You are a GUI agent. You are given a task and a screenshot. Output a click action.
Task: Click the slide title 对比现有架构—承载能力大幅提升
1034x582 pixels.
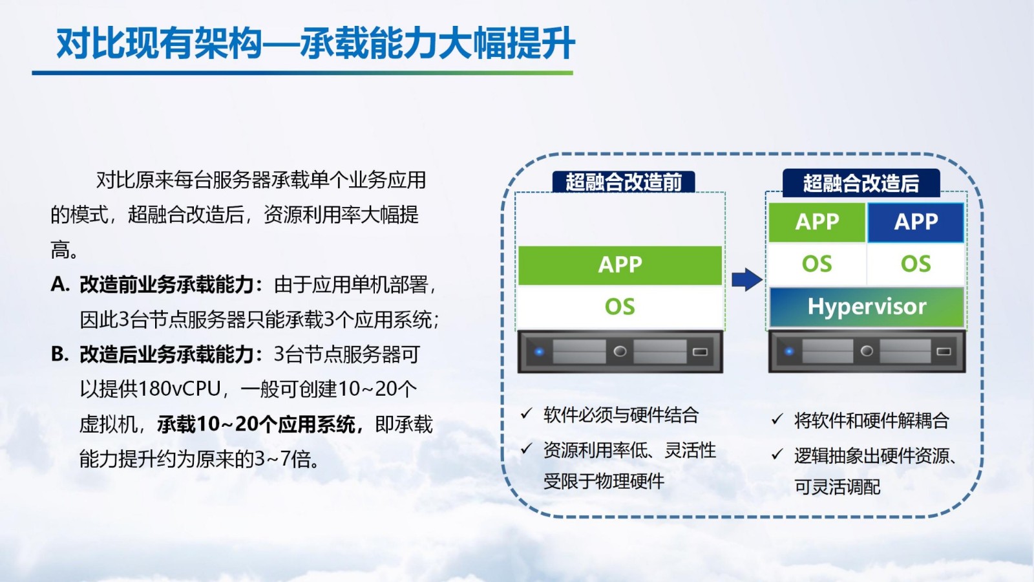coord(315,43)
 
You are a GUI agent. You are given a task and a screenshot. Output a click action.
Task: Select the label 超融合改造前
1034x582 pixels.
coord(624,182)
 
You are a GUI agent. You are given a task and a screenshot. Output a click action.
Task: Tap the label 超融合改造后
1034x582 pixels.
coord(861,183)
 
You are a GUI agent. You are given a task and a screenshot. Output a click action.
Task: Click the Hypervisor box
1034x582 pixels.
coord(867,307)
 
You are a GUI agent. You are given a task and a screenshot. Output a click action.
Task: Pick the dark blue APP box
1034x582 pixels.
coord(916,222)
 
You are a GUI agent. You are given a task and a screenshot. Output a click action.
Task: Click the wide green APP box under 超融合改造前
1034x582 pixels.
coord(620,265)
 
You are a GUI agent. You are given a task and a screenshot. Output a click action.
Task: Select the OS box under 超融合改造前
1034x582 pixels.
coord(620,307)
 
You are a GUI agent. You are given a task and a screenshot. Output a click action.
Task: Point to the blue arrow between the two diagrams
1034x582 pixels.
coord(746,279)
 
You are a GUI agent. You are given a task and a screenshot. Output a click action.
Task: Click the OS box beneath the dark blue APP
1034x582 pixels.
coord(916,264)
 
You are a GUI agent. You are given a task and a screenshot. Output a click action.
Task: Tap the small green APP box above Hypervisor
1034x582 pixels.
coord(817,222)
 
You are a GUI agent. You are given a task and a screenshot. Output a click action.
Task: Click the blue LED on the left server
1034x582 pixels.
coord(539,352)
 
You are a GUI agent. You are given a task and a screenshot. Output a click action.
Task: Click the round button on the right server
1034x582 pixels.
coord(867,351)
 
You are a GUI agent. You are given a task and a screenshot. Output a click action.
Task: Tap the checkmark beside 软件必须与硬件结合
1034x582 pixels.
coord(526,413)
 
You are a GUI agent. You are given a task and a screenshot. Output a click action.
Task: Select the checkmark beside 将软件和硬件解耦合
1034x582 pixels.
coord(777,420)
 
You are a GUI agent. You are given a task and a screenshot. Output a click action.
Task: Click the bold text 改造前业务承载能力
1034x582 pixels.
coord(167,285)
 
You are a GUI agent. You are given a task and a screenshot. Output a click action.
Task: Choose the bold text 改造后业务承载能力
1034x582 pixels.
coord(167,355)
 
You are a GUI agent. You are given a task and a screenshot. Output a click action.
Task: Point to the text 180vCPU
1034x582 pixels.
coord(179,389)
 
